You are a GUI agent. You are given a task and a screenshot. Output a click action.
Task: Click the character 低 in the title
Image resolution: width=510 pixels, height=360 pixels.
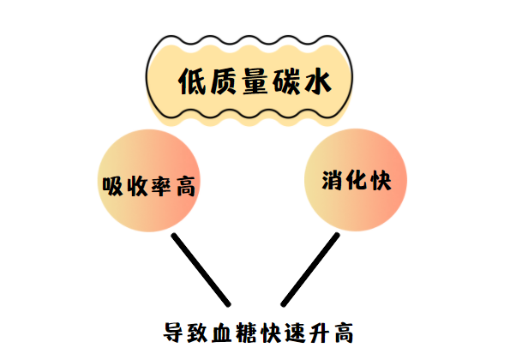point(192,81)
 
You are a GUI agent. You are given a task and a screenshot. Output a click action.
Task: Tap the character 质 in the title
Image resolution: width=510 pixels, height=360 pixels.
point(223,81)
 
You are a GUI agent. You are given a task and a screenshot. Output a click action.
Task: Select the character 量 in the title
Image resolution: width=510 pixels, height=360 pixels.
point(255,81)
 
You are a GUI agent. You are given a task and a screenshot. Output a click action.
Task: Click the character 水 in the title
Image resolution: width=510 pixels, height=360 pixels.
point(317,81)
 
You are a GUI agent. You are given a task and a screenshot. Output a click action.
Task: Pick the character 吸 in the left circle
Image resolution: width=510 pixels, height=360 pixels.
point(113,186)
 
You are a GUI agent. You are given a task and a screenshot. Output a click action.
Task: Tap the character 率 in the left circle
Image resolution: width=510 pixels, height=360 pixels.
point(161,186)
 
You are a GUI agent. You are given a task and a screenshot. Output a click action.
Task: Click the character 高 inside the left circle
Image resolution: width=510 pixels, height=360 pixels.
point(186,186)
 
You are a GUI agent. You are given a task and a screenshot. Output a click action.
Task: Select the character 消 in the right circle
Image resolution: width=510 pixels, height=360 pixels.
point(332,180)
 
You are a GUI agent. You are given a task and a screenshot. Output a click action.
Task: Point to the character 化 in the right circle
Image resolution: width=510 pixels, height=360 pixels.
point(357,180)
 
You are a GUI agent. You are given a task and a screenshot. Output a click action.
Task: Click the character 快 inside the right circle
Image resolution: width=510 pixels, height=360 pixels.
point(381,180)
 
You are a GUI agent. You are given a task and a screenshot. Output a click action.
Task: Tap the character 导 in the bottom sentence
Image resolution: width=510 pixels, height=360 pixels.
point(173,333)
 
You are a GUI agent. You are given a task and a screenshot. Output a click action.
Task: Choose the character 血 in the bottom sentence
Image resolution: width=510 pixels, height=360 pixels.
point(222,333)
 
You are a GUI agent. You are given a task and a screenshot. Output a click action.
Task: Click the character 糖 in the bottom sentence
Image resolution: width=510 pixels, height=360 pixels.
point(247,333)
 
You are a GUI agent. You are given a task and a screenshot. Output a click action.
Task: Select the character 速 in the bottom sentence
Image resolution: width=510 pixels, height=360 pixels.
point(296,333)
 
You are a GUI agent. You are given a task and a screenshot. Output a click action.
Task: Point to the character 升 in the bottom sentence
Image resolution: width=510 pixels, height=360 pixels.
point(320,333)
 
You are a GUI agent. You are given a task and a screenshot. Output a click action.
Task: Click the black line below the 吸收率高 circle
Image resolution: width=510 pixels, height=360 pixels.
point(201,270)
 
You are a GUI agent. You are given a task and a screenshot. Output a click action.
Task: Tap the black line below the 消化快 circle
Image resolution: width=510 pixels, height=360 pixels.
point(310,270)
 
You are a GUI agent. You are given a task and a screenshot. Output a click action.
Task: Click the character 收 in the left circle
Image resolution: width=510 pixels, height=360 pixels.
point(137,186)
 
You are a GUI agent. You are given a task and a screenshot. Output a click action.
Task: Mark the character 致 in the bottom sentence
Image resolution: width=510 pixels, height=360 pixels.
point(198,333)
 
